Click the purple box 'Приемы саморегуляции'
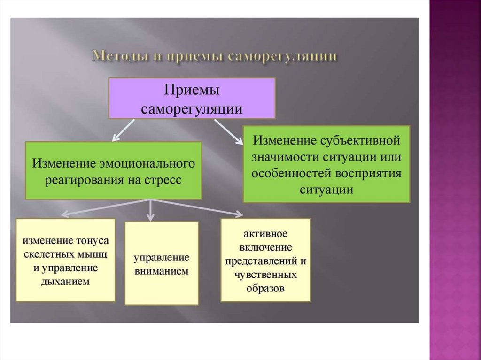point(192,98)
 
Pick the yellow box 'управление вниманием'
point(161,263)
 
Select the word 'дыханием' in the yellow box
point(65,282)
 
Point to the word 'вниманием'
point(161,271)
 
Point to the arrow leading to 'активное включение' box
point(200,208)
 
